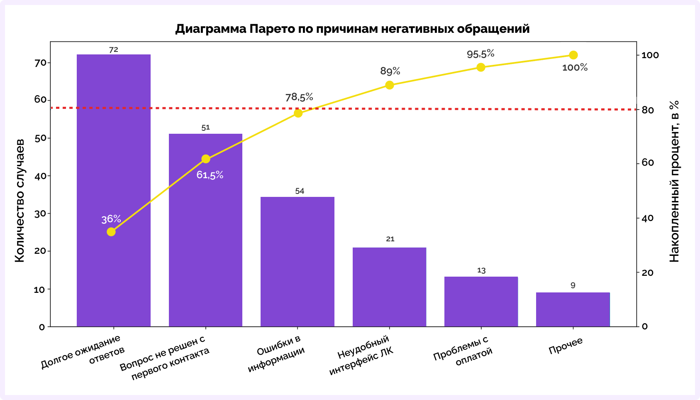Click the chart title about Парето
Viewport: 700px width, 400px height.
pyautogui.click(x=352, y=29)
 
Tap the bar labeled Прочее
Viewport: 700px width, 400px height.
pyautogui.click(x=573, y=309)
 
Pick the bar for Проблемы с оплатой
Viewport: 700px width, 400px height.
pyautogui.click(x=481, y=302)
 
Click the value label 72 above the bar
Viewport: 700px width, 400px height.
pyautogui.click(x=114, y=50)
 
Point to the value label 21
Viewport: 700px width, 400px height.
pyautogui.click(x=390, y=239)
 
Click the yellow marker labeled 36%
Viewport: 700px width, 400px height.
pyautogui.click(x=111, y=232)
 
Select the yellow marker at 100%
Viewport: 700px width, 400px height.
pyautogui.click(x=573, y=55)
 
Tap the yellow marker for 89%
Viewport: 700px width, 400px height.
pyautogui.click(x=390, y=85)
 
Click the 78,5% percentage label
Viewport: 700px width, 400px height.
pyautogui.click(x=299, y=97)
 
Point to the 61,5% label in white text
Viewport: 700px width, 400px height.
pyautogui.click(x=210, y=175)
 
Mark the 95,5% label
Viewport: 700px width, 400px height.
pyautogui.click(x=480, y=54)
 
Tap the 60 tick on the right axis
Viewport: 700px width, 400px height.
pyautogui.click(x=648, y=162)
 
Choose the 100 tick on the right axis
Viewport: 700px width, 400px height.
pyautogui.click(x=650, y=55)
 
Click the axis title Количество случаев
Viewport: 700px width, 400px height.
pyautogui.click(x=20, y=201)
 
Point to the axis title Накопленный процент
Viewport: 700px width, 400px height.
pyautogui.click(x=674, y=181)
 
